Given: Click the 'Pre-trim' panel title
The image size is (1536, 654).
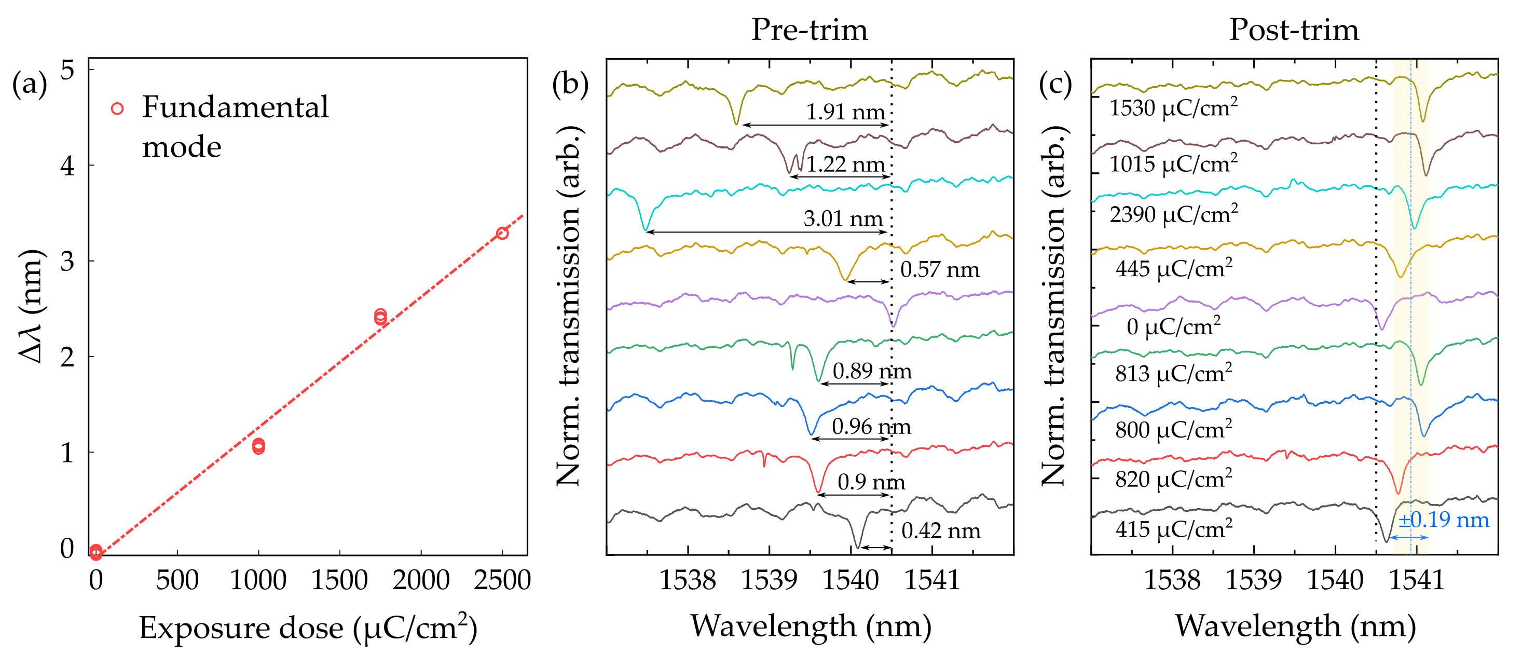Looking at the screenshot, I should pyautogui.click(x=808, y=30).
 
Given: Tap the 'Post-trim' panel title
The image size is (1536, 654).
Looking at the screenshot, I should pyautogui.click(x=1293, y=30).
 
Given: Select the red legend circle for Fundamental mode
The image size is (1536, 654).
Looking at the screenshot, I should pyautogui.click(x=117, y=108).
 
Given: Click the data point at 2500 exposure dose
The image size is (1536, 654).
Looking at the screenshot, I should pyautogui.click(x=502, y=233).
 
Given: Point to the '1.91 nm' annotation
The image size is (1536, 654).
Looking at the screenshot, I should pyautogui.click(x=845, y=112).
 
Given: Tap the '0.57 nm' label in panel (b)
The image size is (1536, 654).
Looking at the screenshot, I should pyautogui.click(x=939, y=269).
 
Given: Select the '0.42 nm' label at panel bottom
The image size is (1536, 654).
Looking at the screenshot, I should pyautogui.click(x=940, y=530).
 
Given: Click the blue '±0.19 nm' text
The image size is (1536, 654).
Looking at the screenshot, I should pyautogui.click(x=1444, y=520).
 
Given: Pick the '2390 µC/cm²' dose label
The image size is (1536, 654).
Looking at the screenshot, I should pyautogui.click(x=1173, y=214).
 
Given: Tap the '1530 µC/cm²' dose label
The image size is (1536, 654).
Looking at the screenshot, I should pyautogui.click(x=1173, y=107).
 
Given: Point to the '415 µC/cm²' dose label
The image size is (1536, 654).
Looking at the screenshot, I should pyautogui.click(x=1173, y=528).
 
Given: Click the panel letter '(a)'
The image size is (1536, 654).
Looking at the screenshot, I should pyautogui.click(x=29, y=84).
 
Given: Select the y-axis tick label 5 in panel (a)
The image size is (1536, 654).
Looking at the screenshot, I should pyautogui.click(x=67, y=71).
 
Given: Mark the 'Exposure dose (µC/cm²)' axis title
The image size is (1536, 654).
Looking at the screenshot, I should pyautogui.click(x=308, y=628).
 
